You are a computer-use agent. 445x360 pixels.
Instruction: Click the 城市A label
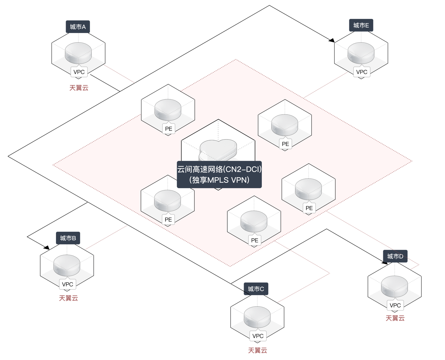[78, 27]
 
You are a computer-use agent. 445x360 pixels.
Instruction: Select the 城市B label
[68, 238]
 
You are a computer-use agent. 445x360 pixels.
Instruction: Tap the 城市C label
[256, 289]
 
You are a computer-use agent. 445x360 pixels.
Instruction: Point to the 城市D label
[395, 256]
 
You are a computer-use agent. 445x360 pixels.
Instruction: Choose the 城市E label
[361, 25]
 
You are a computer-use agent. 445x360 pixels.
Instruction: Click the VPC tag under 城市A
[79, 72]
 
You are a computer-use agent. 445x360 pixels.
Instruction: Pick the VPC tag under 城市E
[362, 72]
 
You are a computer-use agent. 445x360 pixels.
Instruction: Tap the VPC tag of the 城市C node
[258, 336]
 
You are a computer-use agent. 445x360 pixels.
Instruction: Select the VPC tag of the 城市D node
[395, 305]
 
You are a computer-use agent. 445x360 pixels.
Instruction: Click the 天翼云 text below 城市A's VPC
[79, 88]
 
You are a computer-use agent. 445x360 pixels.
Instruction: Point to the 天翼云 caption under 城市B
[69, 298]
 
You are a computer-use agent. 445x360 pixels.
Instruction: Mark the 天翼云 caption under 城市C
[257, 350]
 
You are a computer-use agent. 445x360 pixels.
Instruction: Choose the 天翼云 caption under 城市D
[395, 318]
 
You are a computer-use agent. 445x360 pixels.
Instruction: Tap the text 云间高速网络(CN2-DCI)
[219, 169]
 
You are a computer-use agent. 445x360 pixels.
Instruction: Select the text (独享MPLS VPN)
[219, 180]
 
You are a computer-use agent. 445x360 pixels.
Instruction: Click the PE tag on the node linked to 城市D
[309, 208]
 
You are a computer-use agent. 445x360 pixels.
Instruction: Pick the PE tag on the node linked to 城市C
[255, 240]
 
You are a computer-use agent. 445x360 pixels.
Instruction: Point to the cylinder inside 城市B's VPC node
[67, 265]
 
